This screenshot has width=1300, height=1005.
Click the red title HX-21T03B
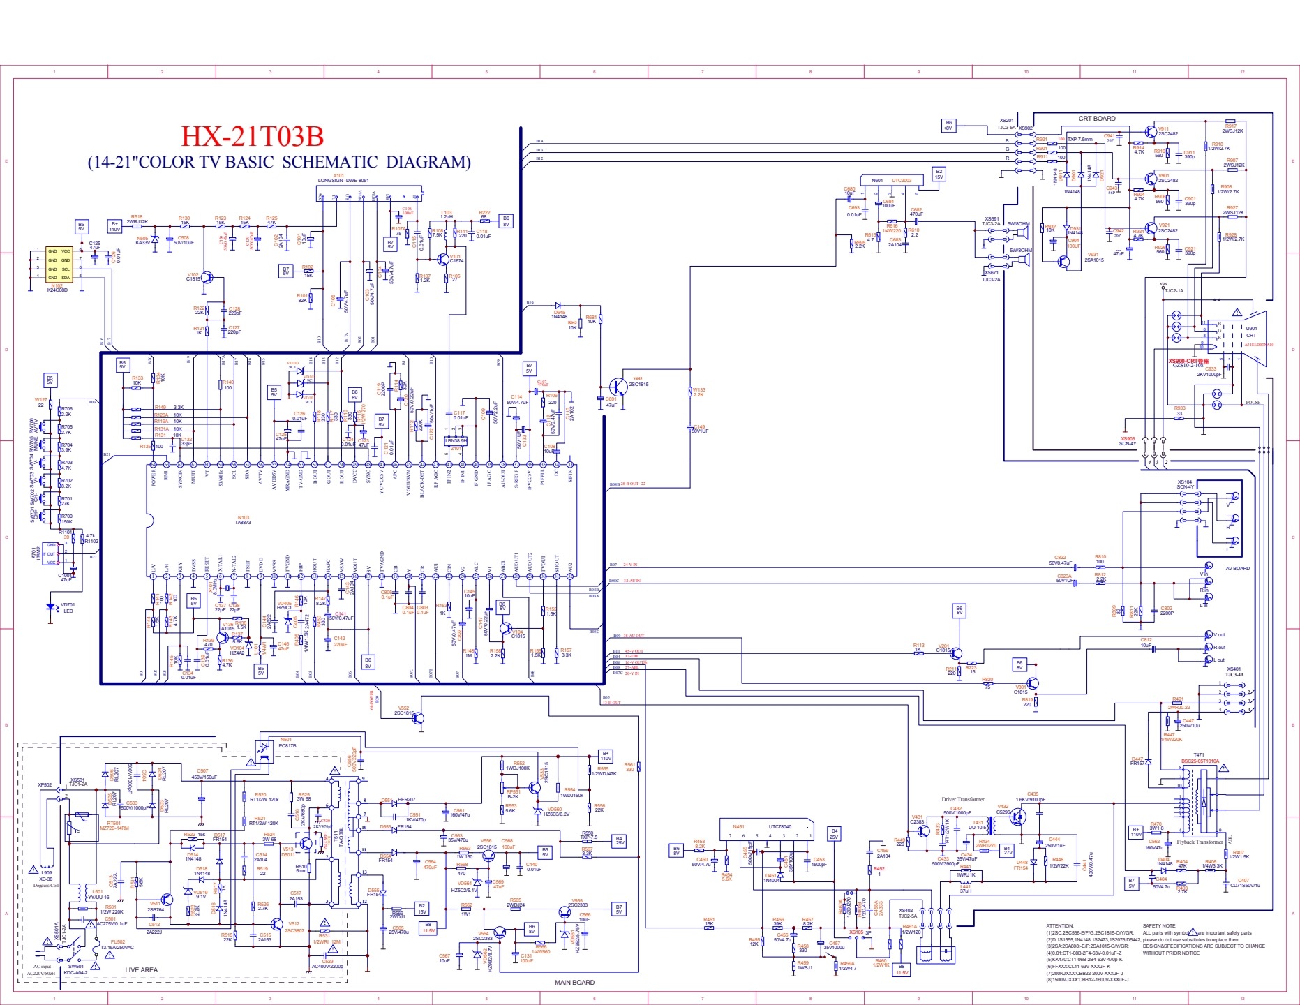[x=252, y=136]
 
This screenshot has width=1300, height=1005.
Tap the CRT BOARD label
[x=1097, y=119]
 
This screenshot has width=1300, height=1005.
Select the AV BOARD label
[x=1238, y=568]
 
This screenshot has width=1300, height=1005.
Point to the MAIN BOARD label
[x=574, y=983]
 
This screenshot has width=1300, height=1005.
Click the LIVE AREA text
[x=141, y=969]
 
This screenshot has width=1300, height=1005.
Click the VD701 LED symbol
[x=50, y=607]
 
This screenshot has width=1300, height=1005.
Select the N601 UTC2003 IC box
[x=891, y=181]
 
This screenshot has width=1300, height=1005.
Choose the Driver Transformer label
[x=962, y=800]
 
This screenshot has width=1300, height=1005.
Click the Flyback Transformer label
[x=1200, y=842]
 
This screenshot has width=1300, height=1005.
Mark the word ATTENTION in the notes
[x=1060, y=925]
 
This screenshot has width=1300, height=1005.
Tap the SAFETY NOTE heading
[x=1158, y=925]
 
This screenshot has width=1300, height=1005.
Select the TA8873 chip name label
[x=243, y=522]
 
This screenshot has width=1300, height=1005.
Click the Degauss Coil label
[x=46, y=885]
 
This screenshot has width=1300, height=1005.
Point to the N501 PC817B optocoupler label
[x=287, y=743]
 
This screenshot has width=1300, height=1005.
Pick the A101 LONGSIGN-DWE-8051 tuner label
[x=343, y=179]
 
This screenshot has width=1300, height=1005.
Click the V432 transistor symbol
[x=1019, y=816]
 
